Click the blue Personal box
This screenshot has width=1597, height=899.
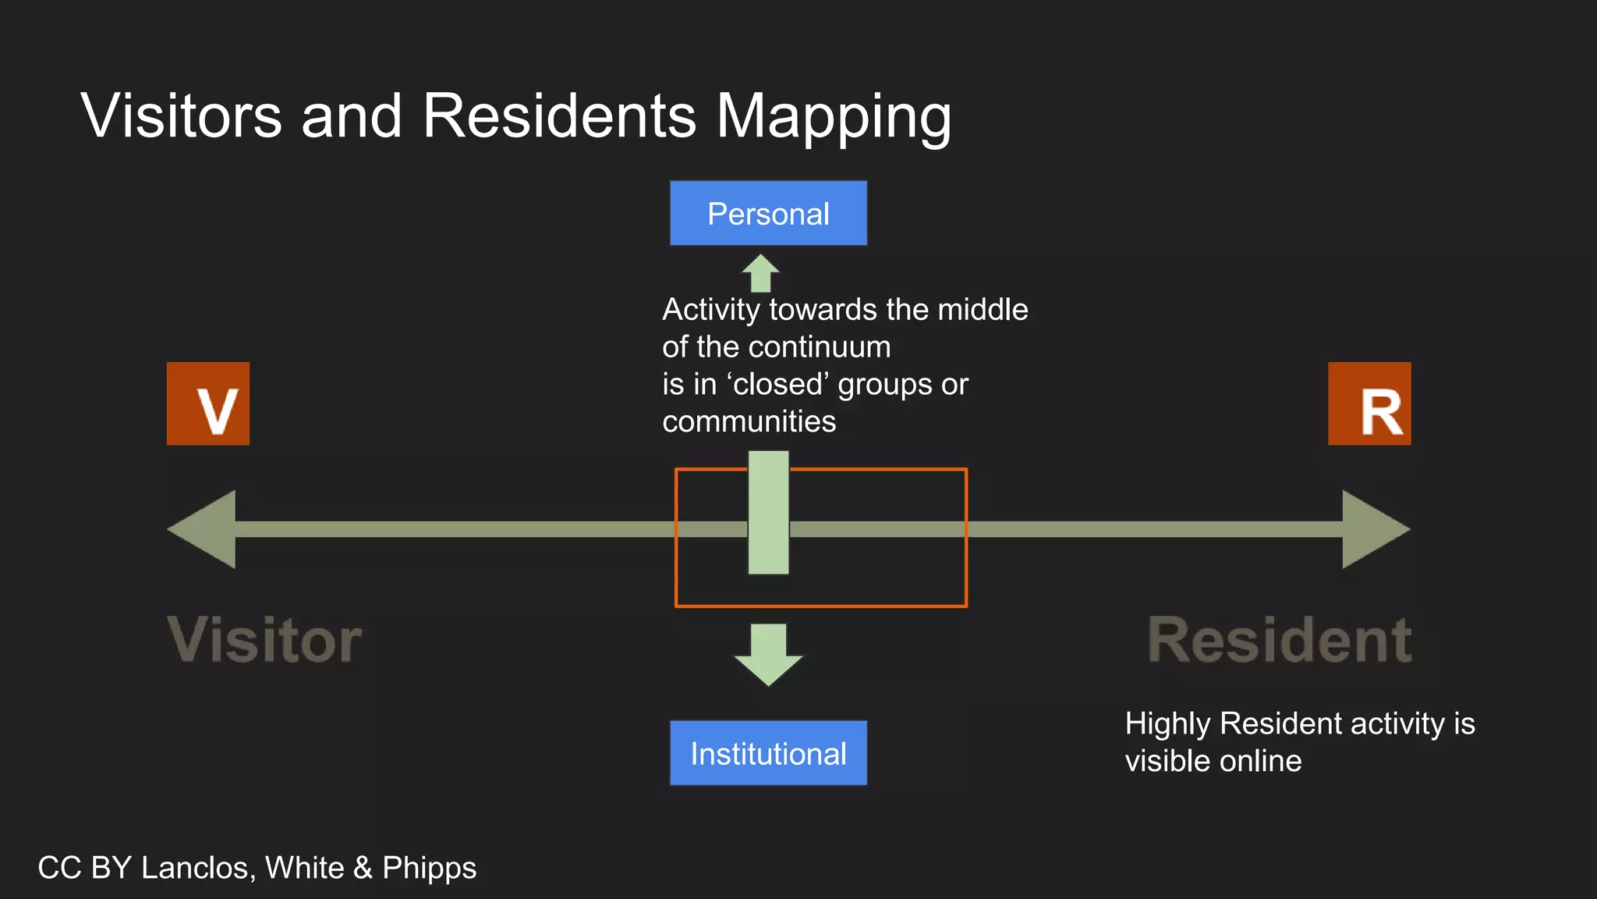pyautogui.click(x=768, y=213)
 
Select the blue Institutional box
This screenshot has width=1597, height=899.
pyautogui.click(x=768, y=753)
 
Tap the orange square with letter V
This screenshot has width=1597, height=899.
pyautogui.click(x=208, y=403)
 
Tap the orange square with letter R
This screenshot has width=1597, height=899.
pyautogui.click(x=1369, y=403)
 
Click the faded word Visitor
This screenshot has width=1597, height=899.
pyautogui.click(x=264, y=640)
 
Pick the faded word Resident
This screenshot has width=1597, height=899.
pyautogui.click(x=1279, y=640)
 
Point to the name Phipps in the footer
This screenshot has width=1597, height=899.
pyautogui.click(x=429, y=869)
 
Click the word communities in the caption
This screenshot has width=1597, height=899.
pyautogui.click(x=749, y=421)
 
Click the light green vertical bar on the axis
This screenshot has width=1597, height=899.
pyautogui.click(x=768, y=513)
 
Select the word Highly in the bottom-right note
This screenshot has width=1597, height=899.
pyautogui.click(x=1167, y=724)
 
